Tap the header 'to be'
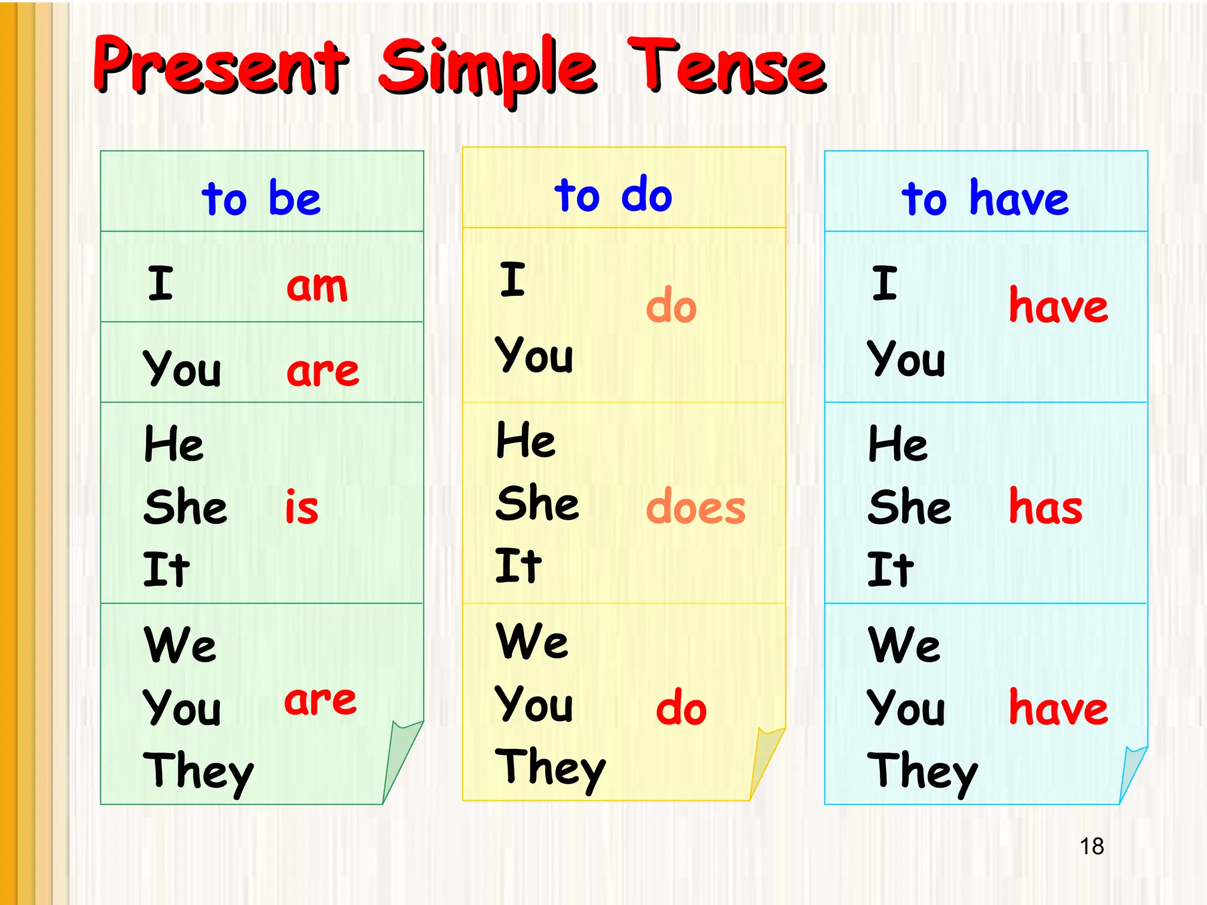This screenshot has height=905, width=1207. pos(261,198)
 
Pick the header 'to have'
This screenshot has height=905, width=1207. pos(985,198)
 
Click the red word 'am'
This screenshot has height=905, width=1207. pos(317,286)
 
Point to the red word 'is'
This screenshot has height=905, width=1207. pos(301,507)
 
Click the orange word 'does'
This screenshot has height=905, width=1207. pos(695,507)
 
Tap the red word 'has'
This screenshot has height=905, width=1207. pos(1046,507)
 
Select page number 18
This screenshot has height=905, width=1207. pos(1091,847)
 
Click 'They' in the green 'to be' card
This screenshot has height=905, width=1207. pos(198,772)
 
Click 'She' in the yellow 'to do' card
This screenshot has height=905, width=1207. pos(537,503)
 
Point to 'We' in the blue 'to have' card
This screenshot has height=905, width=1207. pos(903,645)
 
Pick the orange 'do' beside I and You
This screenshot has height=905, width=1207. pos(671,306)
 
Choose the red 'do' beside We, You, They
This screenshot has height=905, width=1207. pos(681,708)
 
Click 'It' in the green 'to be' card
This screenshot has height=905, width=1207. pos(166,569)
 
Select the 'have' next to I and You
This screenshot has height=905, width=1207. pos(1058,306)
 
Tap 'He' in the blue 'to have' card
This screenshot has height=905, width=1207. pos(898,444)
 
